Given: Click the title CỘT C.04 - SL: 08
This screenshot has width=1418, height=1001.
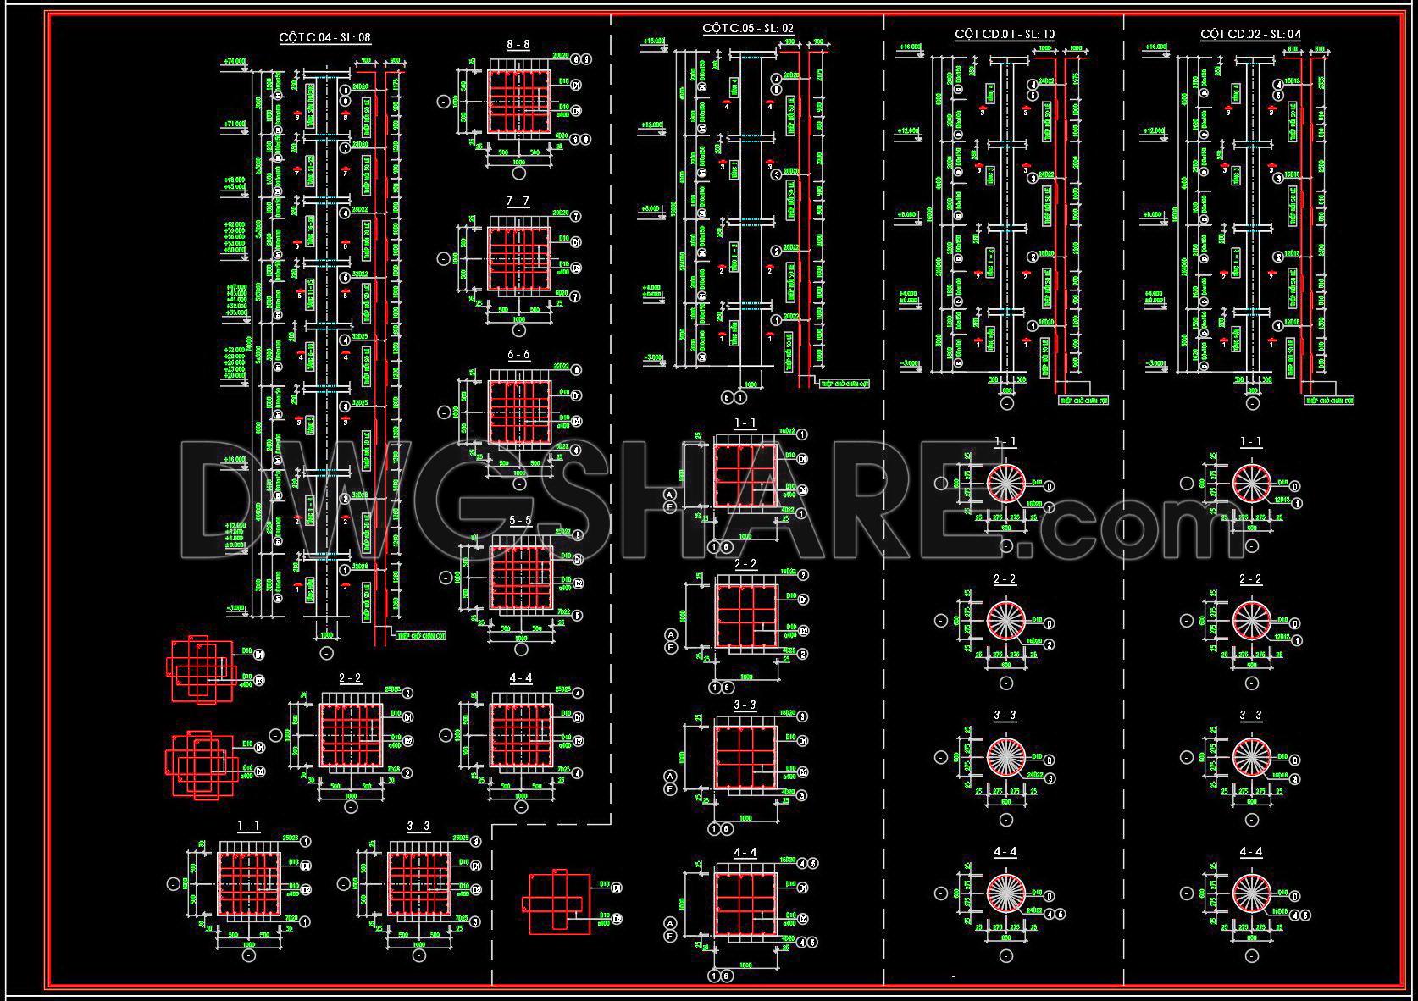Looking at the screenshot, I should point(325,37).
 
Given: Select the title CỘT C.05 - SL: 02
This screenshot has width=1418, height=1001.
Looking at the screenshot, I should point(749,28).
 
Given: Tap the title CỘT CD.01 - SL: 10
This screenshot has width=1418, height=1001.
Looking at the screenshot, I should point(1005,34).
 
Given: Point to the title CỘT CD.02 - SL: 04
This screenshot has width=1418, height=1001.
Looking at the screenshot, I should point(1250,34).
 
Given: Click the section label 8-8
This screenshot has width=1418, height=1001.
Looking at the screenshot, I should point(518,44).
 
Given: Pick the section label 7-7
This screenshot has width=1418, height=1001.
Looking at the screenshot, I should point(518,201).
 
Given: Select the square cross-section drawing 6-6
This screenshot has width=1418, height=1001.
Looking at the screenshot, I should point(519,412).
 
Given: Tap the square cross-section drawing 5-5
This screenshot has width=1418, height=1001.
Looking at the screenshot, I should point(521,578).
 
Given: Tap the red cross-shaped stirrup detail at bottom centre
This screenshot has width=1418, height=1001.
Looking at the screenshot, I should point(555,903).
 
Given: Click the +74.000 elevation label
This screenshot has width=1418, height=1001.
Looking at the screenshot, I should point(235,61).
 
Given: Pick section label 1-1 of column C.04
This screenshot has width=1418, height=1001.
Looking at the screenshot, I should point(248,826).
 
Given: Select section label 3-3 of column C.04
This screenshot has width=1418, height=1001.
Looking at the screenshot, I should point(418,826).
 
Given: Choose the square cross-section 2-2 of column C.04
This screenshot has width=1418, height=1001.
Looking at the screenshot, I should point(351,733).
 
